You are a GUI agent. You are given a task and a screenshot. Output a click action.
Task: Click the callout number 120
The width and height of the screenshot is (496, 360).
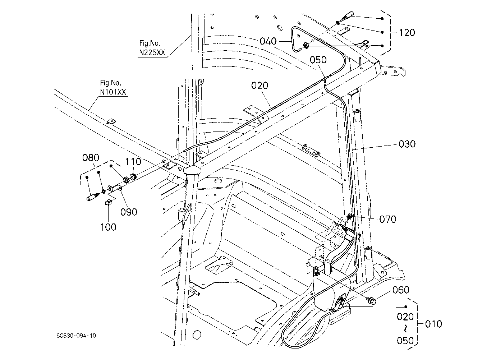pos(407,33)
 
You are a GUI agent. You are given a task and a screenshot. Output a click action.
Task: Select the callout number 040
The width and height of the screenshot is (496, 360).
pos(268,41)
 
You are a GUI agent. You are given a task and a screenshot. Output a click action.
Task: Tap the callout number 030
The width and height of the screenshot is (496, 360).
pos(407,144)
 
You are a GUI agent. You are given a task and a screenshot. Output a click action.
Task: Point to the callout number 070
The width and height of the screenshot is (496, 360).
pos(388,219)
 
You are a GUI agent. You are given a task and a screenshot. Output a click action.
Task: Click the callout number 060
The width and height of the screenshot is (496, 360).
pos(401,290)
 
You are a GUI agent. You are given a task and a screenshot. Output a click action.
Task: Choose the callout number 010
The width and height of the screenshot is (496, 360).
pos(433,324)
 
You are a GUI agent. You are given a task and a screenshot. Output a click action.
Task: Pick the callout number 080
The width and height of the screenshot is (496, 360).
pos(91,158)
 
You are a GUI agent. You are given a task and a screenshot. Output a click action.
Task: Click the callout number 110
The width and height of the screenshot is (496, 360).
pos(133,162)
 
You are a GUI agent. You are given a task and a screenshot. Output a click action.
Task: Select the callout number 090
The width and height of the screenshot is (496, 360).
pos(129,212)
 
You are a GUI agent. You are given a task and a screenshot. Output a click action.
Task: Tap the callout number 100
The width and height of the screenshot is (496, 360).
pos(108,227)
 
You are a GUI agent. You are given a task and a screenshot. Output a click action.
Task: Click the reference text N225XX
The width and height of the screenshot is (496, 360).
pos(152,52)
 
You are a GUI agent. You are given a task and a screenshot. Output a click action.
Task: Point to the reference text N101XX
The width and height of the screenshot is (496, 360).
pos(113,92)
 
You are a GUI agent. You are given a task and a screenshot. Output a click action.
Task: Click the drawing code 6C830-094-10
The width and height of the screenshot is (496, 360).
pos(76,336)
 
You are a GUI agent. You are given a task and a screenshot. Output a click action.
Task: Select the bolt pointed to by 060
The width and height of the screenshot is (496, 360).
pos(371,300)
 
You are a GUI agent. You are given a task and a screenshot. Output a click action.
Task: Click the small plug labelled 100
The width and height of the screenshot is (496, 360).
pos(108,202)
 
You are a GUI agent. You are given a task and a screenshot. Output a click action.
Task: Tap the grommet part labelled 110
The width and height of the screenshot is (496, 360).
pos(133,177)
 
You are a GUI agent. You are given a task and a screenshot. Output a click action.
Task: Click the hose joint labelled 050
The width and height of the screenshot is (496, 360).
pos(325,79)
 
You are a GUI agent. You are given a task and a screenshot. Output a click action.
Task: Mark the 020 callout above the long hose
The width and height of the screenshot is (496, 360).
pos(260,86)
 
